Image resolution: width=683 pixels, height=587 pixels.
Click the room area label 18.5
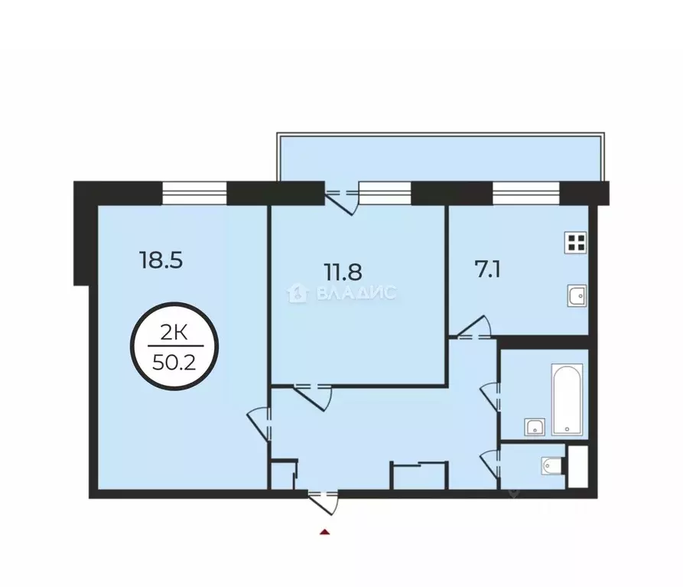click(x=161, y=261)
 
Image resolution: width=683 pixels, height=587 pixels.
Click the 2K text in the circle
click(x=174, y=334)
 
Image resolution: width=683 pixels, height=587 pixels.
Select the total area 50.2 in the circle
click(x=174, y=362)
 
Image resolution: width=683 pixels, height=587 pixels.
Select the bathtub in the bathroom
click(x=568, y=399)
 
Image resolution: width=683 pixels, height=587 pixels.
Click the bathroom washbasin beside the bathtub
click(x=535, y=426)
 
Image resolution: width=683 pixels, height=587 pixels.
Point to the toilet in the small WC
click(x=551, y=463)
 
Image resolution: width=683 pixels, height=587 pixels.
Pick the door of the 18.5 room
click(x=260, y=421)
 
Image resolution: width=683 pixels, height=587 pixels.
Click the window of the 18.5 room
click(x=195, y=192)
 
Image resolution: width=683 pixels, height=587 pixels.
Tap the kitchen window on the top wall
click(x=527, y=192)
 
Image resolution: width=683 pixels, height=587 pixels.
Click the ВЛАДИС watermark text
click(x=342, y=292)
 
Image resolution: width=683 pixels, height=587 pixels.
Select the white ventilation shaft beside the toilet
click(x=577, y=464)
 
